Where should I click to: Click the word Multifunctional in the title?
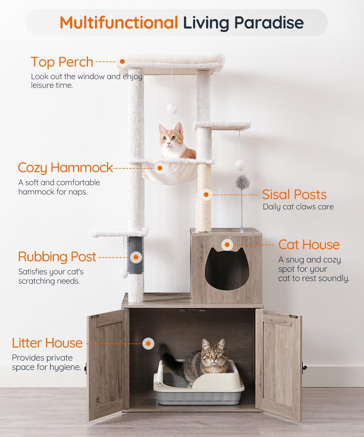tap(119, 22)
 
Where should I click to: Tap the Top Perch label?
tap(62, 62)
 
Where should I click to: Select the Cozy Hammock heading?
tap(65, 168)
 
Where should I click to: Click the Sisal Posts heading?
tap(294, 195)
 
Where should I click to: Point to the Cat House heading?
tap(309, 245)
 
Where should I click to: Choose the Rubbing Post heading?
tap(57, 257)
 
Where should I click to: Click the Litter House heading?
tap(47, 343)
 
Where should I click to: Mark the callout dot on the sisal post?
tap(206, 195)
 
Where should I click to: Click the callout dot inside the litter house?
tap(149, 343)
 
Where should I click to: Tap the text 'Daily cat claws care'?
tap(298, 207)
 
